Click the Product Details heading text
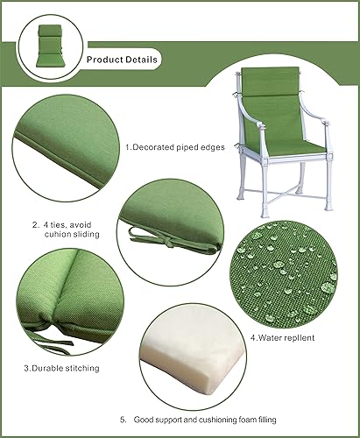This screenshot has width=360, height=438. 122,60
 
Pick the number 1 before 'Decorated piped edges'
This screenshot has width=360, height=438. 128,147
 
